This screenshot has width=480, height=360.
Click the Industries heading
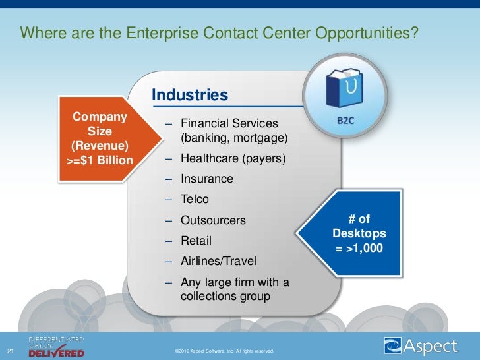tap(190, 96)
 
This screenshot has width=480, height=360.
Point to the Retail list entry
tap(196, 241)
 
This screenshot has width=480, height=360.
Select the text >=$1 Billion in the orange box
tap(100, 160)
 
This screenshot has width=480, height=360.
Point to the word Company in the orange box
tap(100, 117)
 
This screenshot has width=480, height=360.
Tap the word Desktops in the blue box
tap(359, 234)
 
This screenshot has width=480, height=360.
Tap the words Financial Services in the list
tap(229, 124)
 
